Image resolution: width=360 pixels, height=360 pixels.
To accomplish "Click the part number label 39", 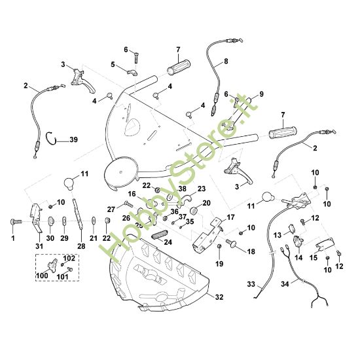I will pyautogui.click(x=73, y=139).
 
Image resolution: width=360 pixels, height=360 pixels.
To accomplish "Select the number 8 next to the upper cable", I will pyautogui.click(x=226, y=62).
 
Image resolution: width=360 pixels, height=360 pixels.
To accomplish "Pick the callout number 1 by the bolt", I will pyautogui.click(x=12, y=238).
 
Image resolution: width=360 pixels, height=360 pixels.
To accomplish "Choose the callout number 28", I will pyautogui.click(x=81, y=246).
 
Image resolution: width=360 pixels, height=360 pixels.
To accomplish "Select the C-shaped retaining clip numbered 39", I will pyautogui.click(x=54, y=138).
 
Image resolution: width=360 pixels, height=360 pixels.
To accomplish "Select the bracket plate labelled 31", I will pyautogui.click(x=36, y=215).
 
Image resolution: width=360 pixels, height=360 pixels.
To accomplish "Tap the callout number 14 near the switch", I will pyautogui.click(x=298, y=258).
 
